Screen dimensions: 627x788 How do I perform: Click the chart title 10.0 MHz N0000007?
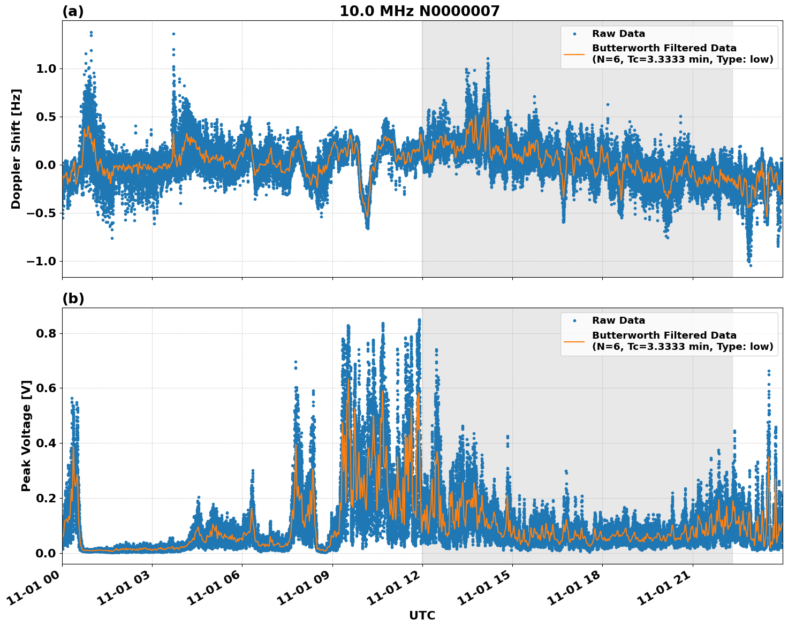tap(419, 11)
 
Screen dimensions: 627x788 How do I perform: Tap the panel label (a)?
tap(73, 11)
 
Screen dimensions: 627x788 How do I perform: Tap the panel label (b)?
tap(73, 299)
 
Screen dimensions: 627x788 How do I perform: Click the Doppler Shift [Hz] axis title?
tap(16, 149)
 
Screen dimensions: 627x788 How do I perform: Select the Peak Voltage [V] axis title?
tap(26, 435)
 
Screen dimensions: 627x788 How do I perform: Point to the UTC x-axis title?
tap(422, 615)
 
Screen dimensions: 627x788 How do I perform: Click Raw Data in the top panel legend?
tap(618, 34)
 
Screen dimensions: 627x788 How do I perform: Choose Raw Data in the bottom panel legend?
tap(618, 320)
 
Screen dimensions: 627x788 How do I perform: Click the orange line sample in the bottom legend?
tap(574, 341)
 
